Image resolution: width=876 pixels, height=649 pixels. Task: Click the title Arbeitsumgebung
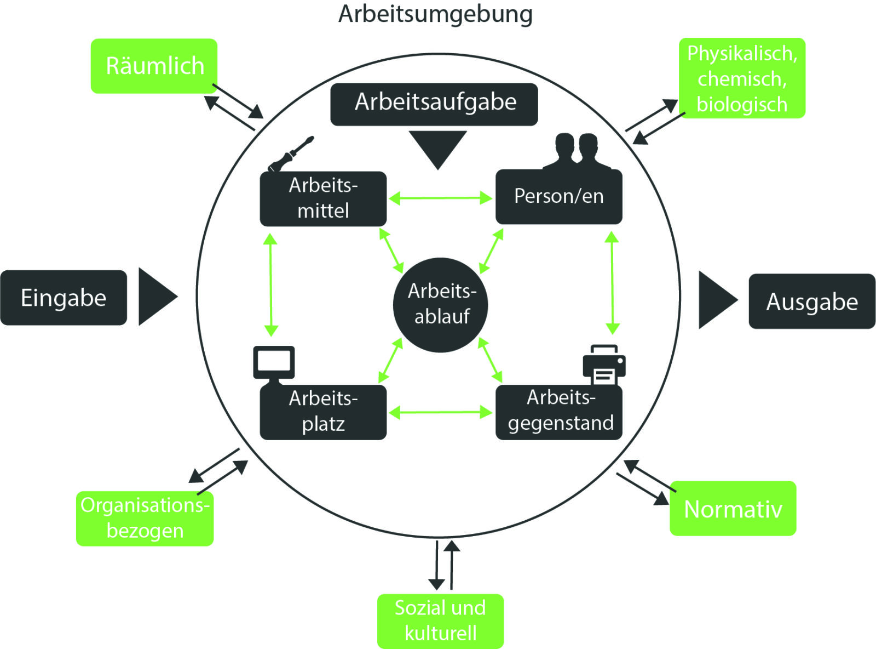click(x=435, y=14)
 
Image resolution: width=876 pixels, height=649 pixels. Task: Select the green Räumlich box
click(x=154, y=66)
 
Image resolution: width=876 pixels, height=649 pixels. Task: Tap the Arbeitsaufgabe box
click(x=435, y=104)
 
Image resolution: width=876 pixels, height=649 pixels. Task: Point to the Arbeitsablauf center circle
click(x=441, y=304)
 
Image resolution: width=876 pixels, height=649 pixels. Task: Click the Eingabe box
click(x=64, y=298)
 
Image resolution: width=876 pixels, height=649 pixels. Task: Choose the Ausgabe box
click(x=811, y=301)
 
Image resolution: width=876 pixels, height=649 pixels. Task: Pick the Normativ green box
click(x=733, y=509)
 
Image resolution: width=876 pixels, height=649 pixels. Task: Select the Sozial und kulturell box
click(x=440, y=620)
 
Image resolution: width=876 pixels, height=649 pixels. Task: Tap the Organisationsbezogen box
click(x=145, y=518)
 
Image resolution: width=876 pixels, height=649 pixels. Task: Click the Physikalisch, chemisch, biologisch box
click(x=742, y=78)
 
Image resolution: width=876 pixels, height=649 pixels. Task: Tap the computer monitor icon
click(x=274, y=363)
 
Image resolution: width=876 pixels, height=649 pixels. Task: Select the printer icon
click(x=604, y=365)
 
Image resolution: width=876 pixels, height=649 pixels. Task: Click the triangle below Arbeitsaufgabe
click(x=437, y=146)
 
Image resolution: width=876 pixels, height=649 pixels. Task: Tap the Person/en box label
click(x=558, y=196)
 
